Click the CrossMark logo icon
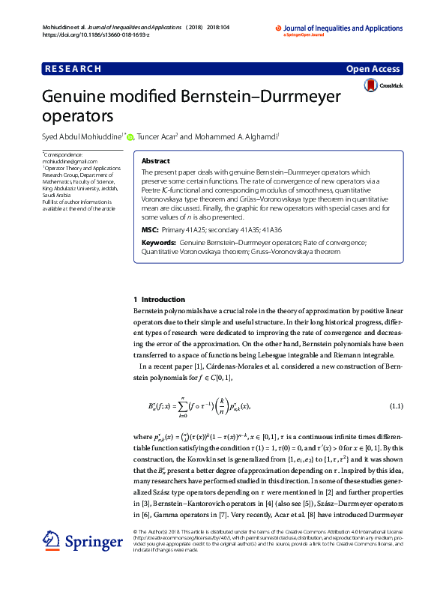pyautogui.click(x=370, y=87)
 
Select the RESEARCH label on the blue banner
pyautogui.click(x=73, y=69)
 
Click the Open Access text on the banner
pyautogui.click(x=373, y=69)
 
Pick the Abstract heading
pyautogui.click(x=156, y=161)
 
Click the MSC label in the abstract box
pyautogui.click(x=150, y=229)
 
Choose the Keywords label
pyautogui.click(x=159, y=243)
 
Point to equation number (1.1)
pyautogui.click(x=397, y=406)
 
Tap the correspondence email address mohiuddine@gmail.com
pyautogui.click(x=70, y=161)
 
